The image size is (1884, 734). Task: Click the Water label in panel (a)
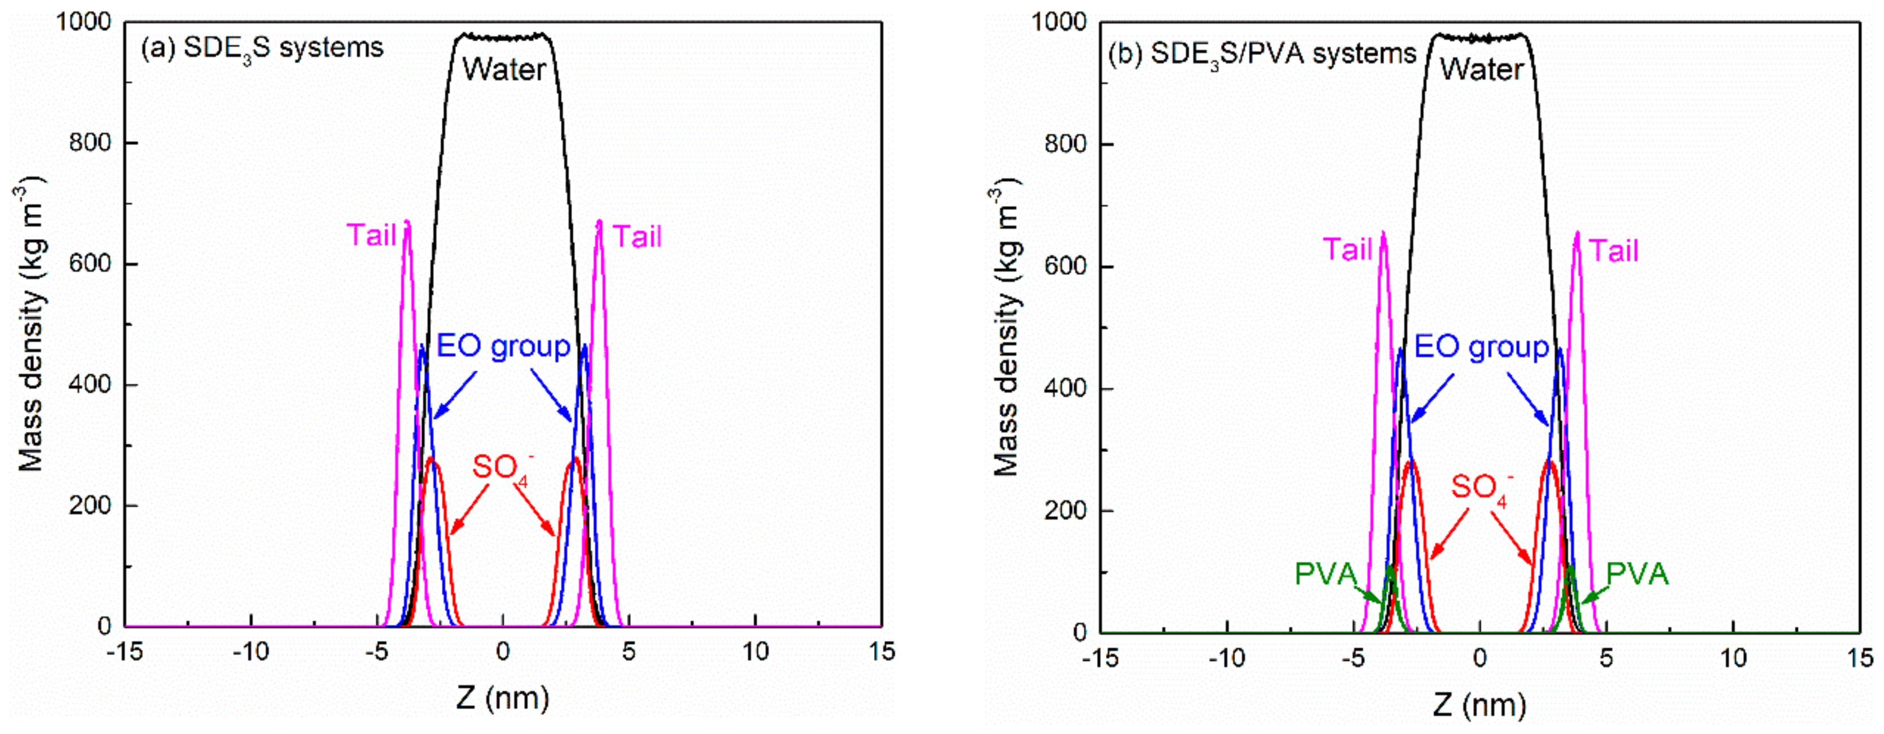pyautogui.click(x=504, y=69)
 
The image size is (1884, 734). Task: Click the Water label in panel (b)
pyautogui.click(x=1481, y=69)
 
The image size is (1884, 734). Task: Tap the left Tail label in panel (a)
pyautogui.click(x=371, y=236)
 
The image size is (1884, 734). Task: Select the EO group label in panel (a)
pyautogui.click(x=503, y=346)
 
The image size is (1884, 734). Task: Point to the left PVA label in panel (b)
pyautogui.click(x=1325, y=574)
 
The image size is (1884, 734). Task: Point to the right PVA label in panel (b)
pyautogui.click(x=1637, y=574)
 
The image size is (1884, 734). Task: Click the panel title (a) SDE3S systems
pyautogui.click(x=262, y=49)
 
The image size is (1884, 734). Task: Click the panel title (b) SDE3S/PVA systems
pyautogui.click(x=1261, y=54)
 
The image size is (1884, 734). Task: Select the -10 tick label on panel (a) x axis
pyautogui.click(x=251, y=651)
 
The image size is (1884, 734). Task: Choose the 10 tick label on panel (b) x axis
pyautogui.click(x=1733, y=657)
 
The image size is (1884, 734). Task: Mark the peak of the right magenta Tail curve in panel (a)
pyautogui.click(x=599, y=222)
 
